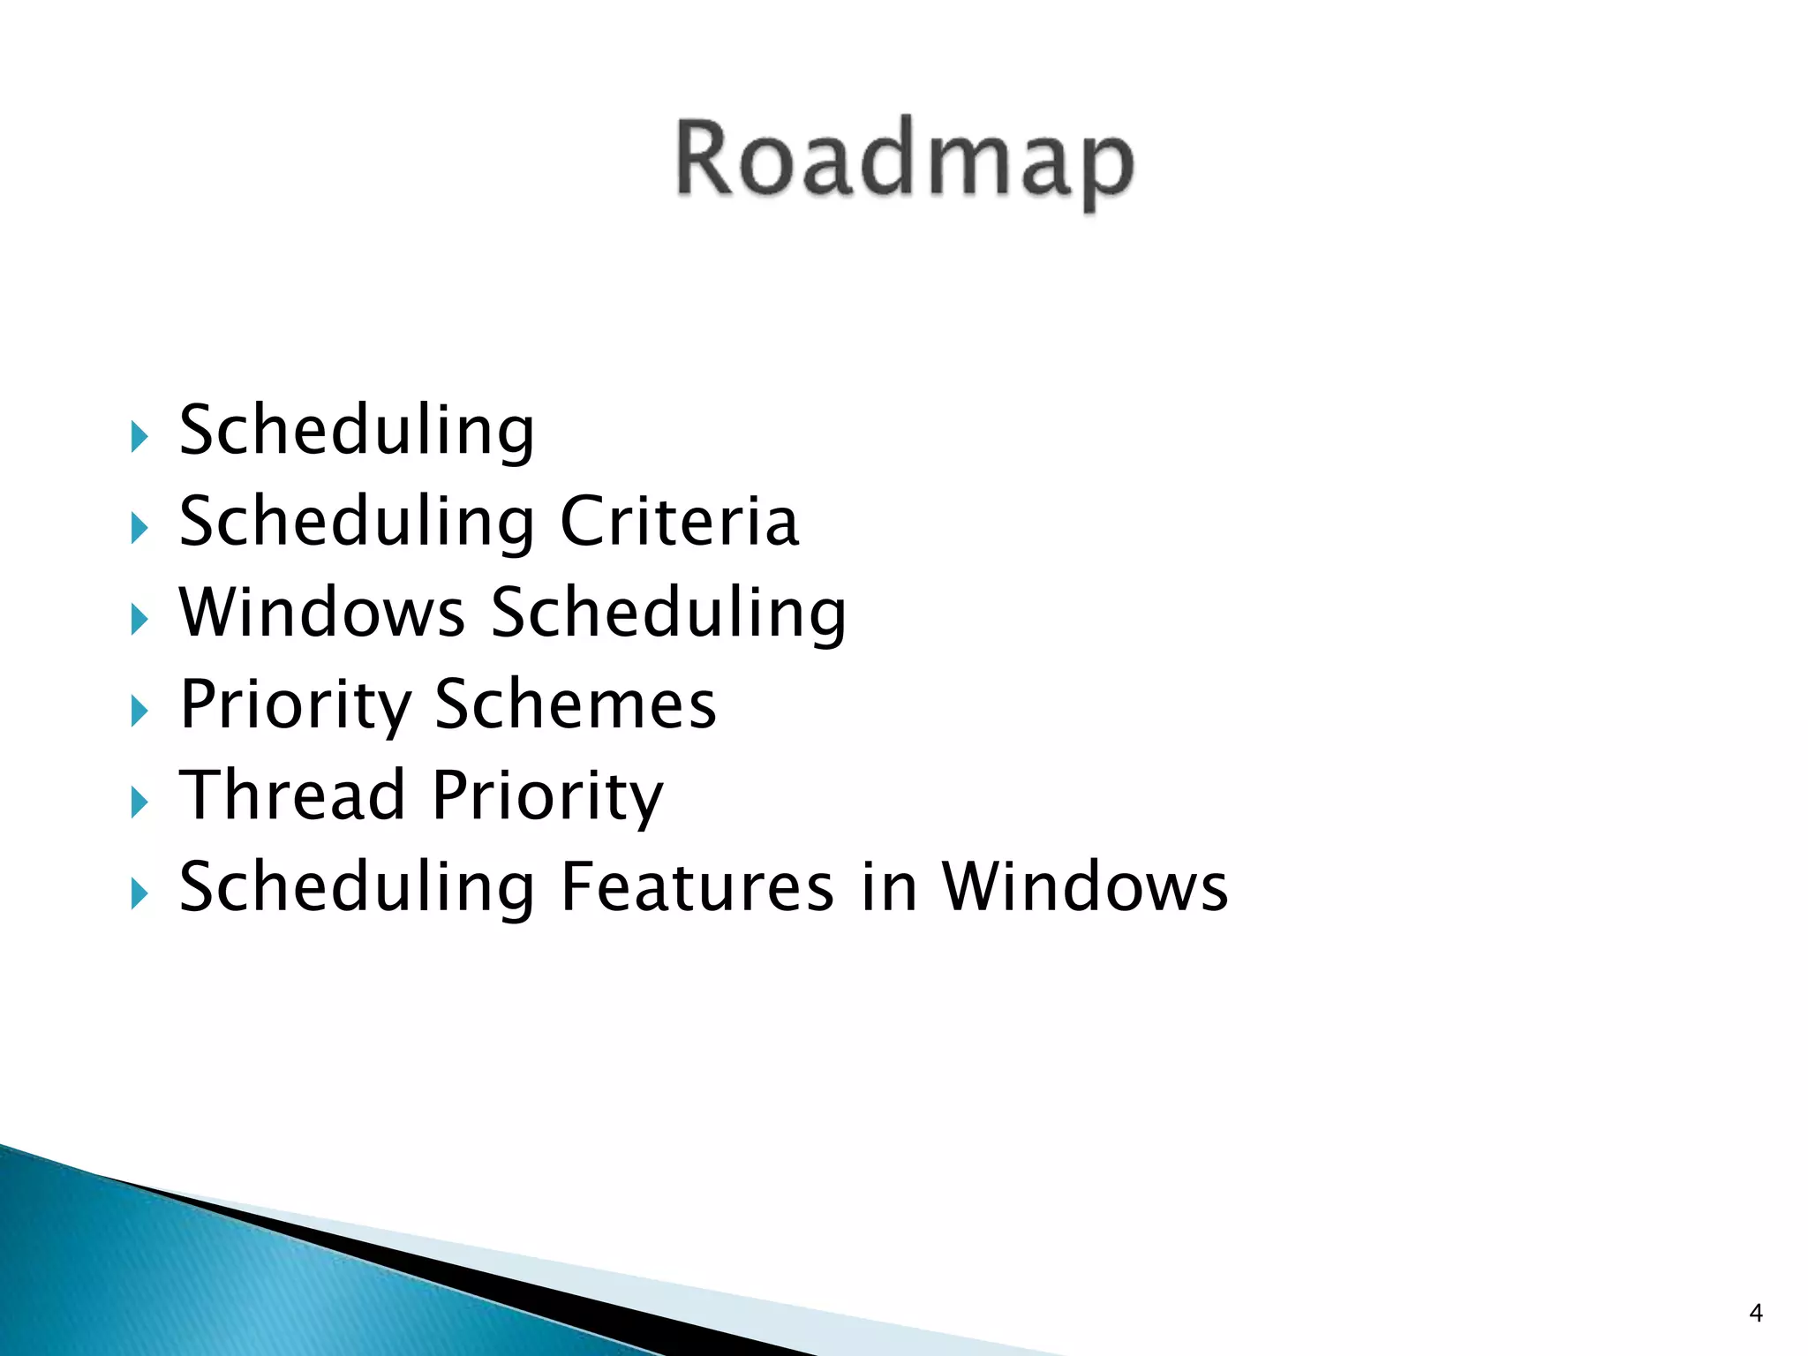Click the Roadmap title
click(x=905, y=162)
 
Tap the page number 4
click(x=1755, y=1314)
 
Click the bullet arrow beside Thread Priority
click(x=139, y=802)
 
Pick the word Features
click(x=697, y=886)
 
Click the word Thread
click(x=292, y=795)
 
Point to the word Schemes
click(x=576, y=704)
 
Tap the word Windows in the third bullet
click(x=322, y=612)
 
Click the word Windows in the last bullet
click(x=1084, y=886)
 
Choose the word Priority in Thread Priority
click(x=547, y=797)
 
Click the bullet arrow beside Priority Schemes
click(x=139, y=711)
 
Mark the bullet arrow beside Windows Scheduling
click(x=139, y=619)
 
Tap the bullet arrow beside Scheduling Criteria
click(x=139, y=528)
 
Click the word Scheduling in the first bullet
click(x=357, y=432)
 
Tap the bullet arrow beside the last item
click(x=139, y=893)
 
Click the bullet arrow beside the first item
click(x=139, y=436)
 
